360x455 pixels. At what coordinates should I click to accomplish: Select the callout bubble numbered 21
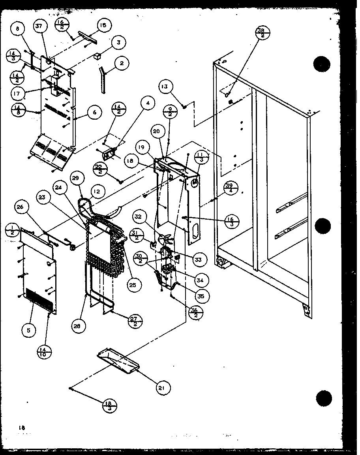(x=161, y=388)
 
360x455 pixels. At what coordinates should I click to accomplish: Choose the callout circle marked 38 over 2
(x=263, y=33)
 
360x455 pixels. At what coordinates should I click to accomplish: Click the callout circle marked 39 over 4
(x=229, y=188)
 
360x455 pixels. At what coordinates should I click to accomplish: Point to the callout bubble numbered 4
(x=147, y=104)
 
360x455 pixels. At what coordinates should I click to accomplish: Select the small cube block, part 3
(x=96, y=55)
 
